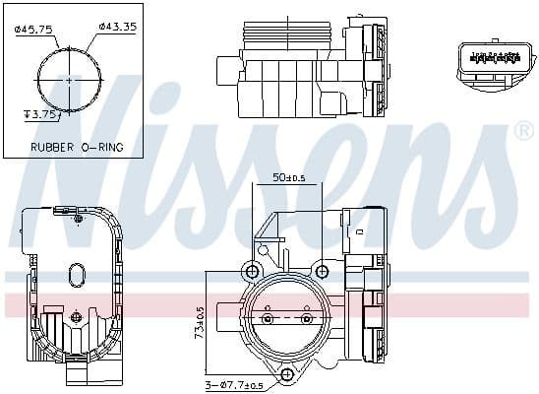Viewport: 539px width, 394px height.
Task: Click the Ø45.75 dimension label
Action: tap(35, 30)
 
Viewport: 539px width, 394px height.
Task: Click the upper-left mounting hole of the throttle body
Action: tap(253, 272)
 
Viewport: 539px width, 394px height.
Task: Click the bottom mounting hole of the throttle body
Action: tap(287, 374)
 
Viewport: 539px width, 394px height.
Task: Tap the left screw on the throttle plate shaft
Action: tap(268, 319)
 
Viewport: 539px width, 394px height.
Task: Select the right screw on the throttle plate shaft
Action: tap(305, 319)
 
